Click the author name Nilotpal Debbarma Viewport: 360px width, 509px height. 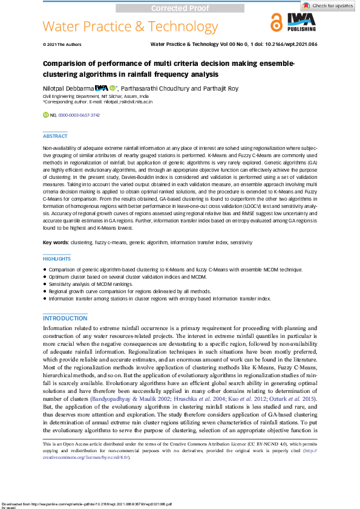(x=67, y=88)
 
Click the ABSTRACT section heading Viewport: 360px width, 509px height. (x=55, y=137)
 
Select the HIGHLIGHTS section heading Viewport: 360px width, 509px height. (x=57, y=258)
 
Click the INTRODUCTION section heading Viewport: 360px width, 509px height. (x=65, y=318)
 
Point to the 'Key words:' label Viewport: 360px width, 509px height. (x=55, y=242)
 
